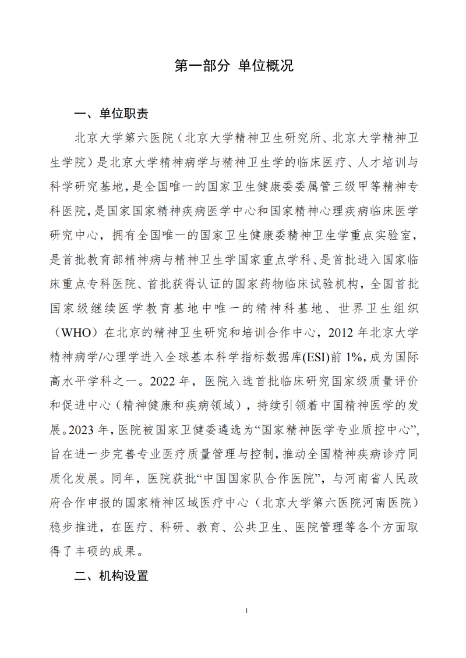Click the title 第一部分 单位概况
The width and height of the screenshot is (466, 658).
click(234, 66)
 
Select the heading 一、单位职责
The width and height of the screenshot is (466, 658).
click(111, 113)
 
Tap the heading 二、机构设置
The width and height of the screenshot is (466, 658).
click(111, 577)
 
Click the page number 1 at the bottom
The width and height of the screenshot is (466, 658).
click(248, 611)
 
